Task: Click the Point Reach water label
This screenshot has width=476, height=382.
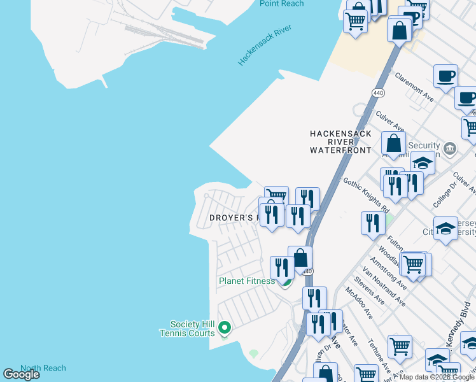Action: pos(281,4)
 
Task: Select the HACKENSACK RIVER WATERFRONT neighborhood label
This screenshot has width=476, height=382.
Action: pos(340,142)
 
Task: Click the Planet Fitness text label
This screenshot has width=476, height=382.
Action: pos(246,281)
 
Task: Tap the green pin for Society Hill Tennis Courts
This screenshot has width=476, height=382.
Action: pos(224,328)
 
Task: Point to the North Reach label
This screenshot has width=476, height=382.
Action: pos(43,368)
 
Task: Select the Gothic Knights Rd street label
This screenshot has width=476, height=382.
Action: pos(367,195)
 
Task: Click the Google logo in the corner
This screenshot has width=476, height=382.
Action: pos(21,374)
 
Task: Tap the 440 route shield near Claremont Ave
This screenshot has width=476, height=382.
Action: pos(379,93)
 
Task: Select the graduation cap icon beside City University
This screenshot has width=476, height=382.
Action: pos(445,227)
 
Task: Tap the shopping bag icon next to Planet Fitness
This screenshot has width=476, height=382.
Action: pos(300,258)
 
